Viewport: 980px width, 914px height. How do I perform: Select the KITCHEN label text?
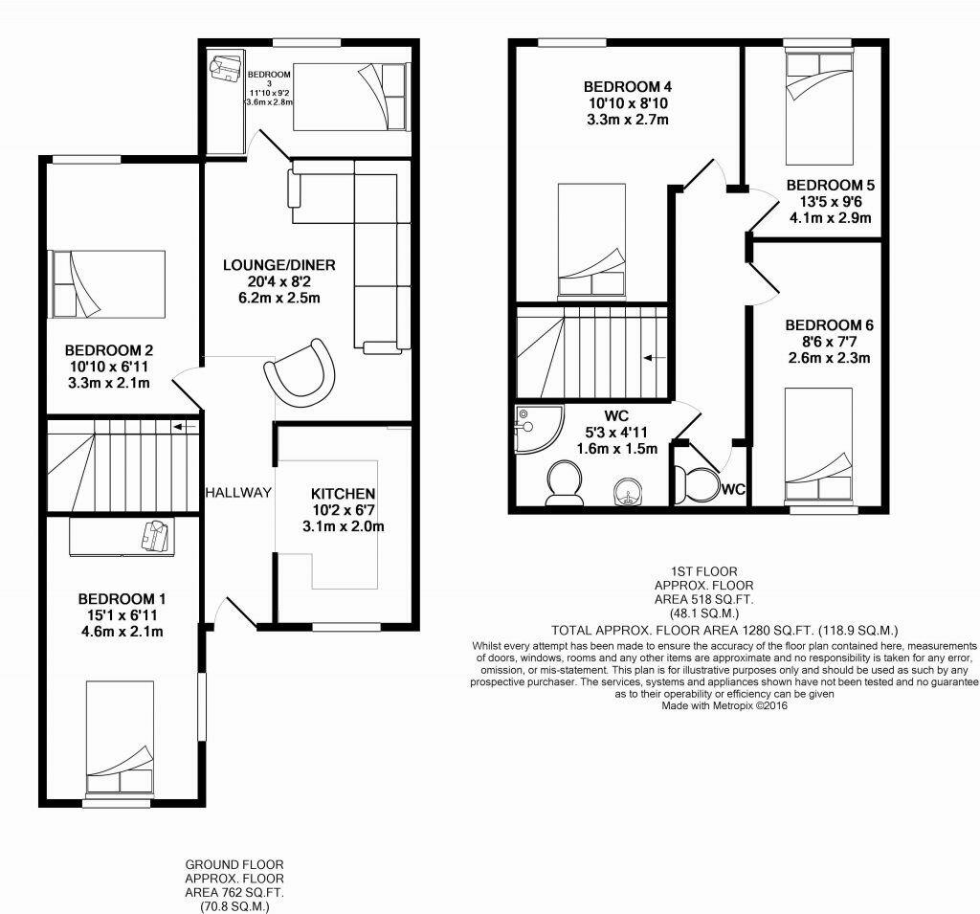tap(342, 494)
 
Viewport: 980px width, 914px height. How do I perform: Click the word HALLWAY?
tap(238, 493)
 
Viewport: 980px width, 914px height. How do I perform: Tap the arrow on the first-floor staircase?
tap(655, 358)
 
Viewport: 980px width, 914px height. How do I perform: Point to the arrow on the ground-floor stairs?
tap(187, 425)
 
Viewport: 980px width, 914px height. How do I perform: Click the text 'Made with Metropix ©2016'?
tap(725, 706)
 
